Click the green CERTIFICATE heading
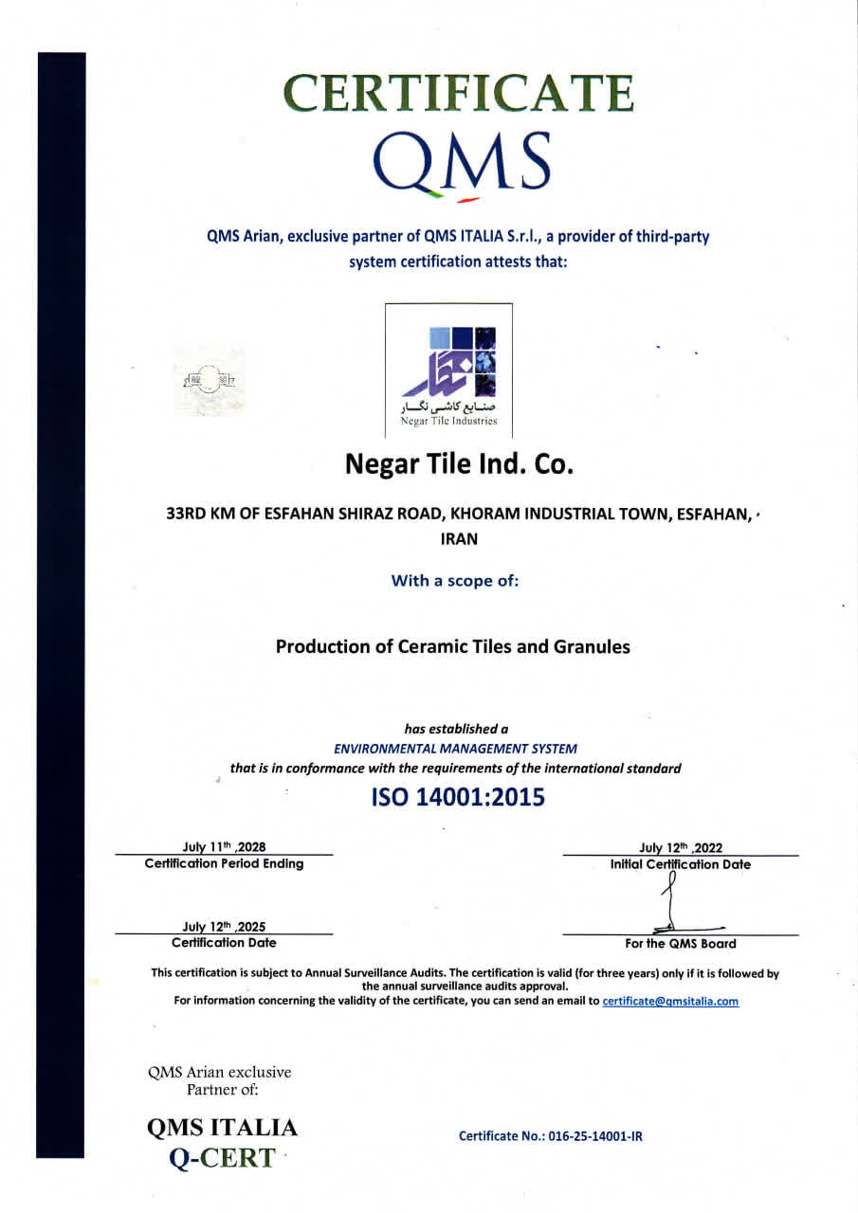459,93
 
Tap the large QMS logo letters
462,162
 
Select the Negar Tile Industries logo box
448,371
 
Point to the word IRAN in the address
460,538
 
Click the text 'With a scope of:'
455,581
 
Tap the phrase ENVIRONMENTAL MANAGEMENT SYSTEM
455,749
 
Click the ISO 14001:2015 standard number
458,797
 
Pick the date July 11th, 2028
224,848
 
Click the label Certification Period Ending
224,863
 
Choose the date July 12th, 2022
681,848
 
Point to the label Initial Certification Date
681,864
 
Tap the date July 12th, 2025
224,927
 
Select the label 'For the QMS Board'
681,943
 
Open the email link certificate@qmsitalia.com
670,1001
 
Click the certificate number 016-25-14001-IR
551,1135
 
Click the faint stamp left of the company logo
210,382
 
